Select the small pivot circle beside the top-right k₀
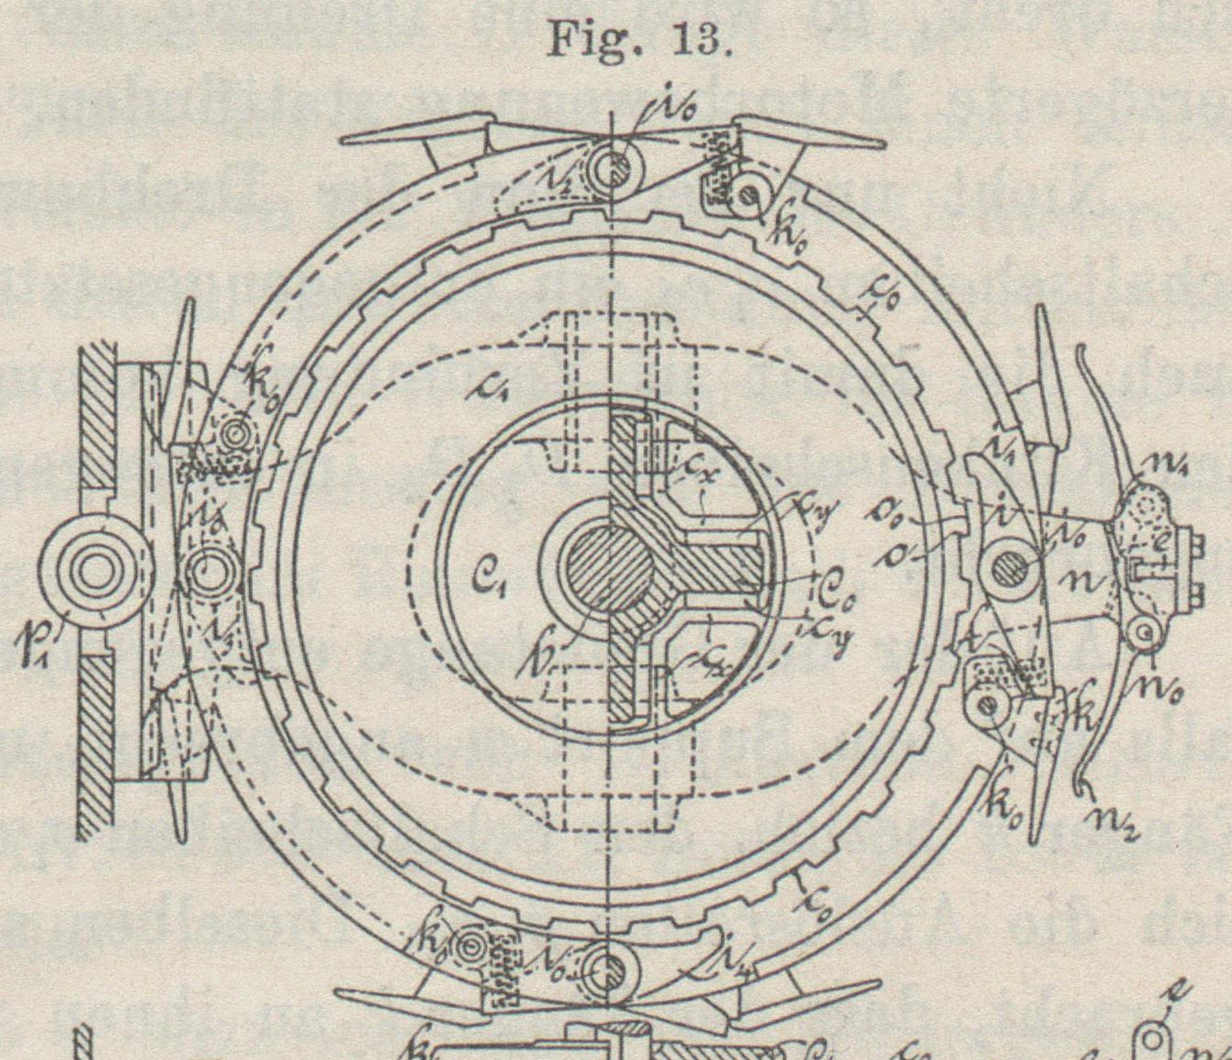pyautogui.click(x=751, y=194)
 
